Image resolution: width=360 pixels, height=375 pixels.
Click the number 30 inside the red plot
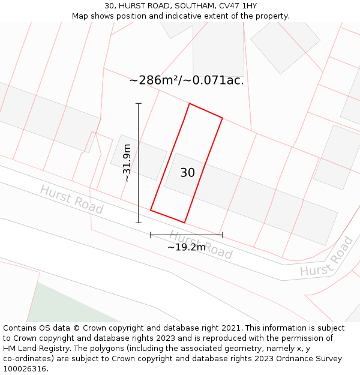pyautogui.click(x=187, y=173)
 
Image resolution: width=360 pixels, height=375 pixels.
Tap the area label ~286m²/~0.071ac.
pyautogui.click(x=187, y=80)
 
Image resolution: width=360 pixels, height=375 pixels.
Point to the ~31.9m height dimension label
pyautogui.click(x=127, y=163)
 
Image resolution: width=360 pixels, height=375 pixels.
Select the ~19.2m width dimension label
pyautogui.click(x=187, y=247)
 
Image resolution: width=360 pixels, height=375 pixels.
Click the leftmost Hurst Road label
pyautogui.click(x=71, y=200)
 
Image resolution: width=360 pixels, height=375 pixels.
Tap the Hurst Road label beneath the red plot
pyautogui.click(x=200, y=244)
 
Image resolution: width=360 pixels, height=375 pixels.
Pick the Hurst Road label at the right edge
pyautogui.click(x=327, y=258)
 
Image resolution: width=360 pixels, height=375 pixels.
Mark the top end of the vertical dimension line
pyautogui.click(x=139, y=104)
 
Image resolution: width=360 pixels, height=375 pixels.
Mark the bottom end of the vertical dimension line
pyautogui.click(x=139, y=223)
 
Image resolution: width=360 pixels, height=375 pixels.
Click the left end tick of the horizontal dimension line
pyautogui.click(x=151, y=235)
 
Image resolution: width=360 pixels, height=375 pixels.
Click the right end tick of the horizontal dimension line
pyautogui.click(x=223, y=235)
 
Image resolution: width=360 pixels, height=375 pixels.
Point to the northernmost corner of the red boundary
pyautogui.click(x=190, y=104)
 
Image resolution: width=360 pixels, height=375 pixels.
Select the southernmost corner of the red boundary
pyautogui.click(x=184, y=223)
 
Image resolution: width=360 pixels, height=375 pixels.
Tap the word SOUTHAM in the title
pyautogui.click(x=193, y=6)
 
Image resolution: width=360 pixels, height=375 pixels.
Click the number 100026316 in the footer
pyautogui.click(x=25, y=368)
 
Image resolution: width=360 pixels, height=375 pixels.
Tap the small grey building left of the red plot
pyautogui.click(x=139, y=157)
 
